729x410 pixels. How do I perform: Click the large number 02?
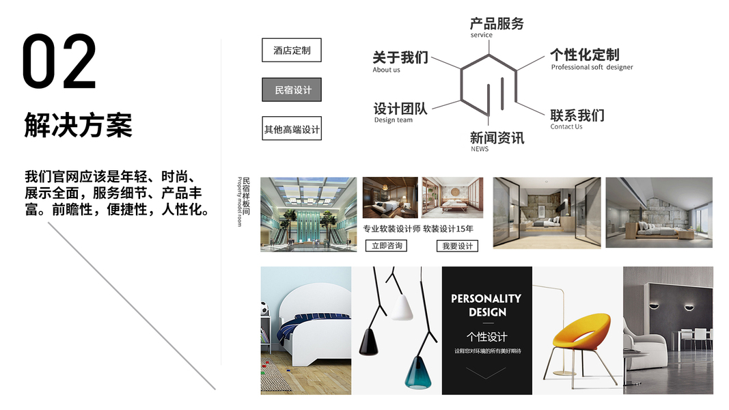(59, 62)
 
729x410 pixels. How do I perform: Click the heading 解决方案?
(78, 125)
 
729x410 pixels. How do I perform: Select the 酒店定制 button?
(292, 51)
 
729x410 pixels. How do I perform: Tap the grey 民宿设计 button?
(292, 90)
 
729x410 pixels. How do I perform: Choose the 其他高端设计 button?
(292, 128)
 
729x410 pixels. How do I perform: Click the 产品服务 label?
(497, 24)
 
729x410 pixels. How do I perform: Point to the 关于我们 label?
(400, 57)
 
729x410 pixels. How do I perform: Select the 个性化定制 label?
(584, 55)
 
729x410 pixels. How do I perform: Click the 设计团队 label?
(400, 109)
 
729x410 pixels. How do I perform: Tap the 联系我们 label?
(577, 115)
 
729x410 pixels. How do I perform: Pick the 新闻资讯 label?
(497, 138)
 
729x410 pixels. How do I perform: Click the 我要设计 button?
(457, 246)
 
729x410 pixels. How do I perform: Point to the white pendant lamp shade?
(400, 307)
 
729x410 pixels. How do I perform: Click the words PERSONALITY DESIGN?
(486, 305)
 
